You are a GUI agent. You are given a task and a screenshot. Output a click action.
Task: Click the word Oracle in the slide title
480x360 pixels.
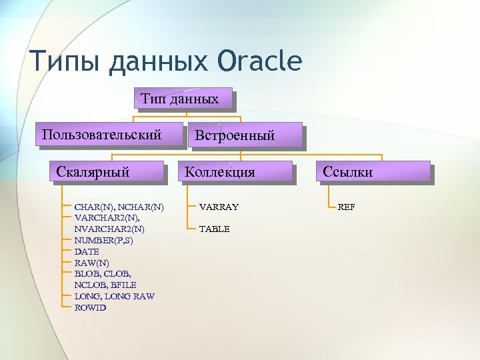click(259, 61)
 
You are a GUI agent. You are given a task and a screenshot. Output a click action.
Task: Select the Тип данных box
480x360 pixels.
click(183, 99)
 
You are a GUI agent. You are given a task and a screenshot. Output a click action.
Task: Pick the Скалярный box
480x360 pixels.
click(93, 172)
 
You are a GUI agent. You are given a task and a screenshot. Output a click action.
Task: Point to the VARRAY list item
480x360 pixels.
click(219, 207)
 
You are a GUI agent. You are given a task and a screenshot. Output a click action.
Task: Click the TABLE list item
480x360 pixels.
click(214, 229)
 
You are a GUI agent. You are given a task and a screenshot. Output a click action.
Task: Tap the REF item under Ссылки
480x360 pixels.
click(346, 207)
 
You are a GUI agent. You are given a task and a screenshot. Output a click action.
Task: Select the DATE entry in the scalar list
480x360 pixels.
click(87, 251)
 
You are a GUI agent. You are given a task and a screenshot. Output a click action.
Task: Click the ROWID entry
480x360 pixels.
click(90, 307)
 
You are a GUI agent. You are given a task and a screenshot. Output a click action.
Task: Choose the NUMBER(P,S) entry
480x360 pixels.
click(103, 240)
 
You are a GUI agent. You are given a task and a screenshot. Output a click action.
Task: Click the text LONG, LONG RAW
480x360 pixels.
click(114, 296)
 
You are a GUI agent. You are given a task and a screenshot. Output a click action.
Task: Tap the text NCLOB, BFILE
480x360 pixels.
click(105, 285)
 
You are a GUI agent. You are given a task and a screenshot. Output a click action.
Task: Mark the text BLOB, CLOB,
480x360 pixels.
click(103, 273)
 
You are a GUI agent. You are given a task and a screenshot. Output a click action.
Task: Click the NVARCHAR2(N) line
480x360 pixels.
click(109, 229)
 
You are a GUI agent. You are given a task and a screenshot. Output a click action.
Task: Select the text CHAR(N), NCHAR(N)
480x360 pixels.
click(119, 207)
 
